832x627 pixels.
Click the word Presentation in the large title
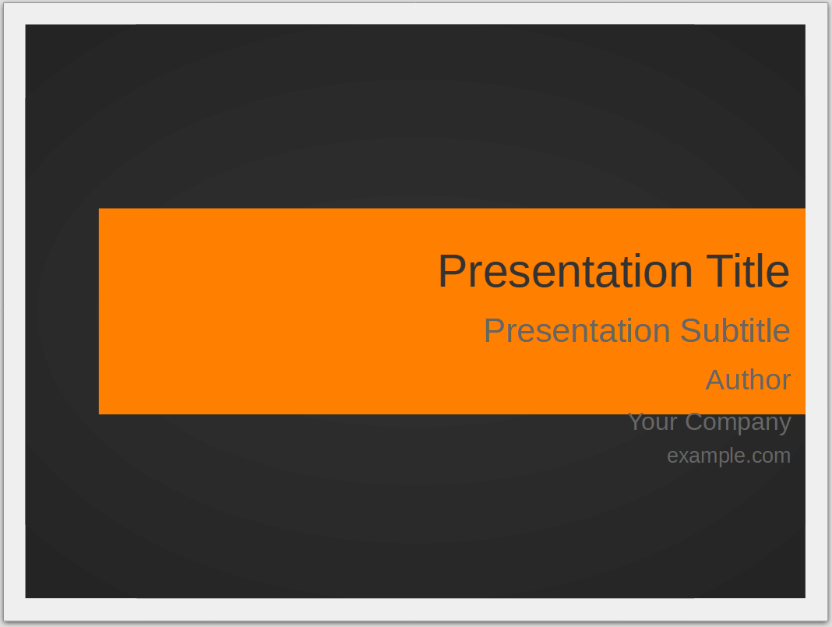pos(566,271)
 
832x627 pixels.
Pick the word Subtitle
pos(735,330)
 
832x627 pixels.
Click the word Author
pos(748,380)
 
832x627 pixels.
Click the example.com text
pos(728,456)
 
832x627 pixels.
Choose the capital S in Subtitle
pos(691,330)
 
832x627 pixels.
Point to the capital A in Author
pos(717,380)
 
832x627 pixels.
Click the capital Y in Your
pos(636,421)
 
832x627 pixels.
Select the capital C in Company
pos(694,422)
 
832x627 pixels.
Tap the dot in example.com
pos(749,463)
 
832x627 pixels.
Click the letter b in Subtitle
pos(730,331)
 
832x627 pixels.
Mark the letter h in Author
pos(760,380)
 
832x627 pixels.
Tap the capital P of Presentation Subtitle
pos(495,331)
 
